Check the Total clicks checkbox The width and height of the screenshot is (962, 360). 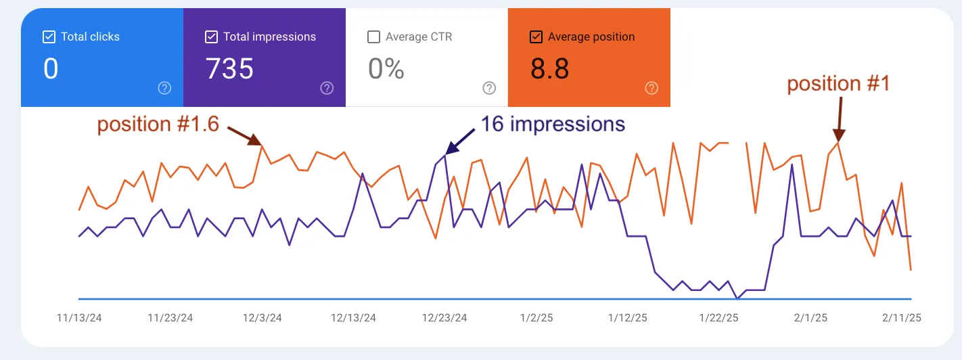(x=49, y=37)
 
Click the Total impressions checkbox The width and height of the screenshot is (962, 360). (x=211, y=37)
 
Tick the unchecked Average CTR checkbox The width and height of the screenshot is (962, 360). (x=373, y=37)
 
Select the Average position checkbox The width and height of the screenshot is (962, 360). (x=536, y=37)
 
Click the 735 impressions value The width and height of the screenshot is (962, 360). (x=229, y=69)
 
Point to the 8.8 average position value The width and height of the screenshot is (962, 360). (x=549, y=69)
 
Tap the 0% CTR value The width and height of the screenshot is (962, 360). (x=386, y=69)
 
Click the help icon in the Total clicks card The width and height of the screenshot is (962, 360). (x=164, y=88)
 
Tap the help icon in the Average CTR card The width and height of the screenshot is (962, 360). (x=489, y=88)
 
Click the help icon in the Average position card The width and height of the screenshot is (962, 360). (x=651, y=88)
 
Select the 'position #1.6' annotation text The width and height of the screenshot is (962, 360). (x=158, y=125)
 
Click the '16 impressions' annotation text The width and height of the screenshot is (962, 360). (x=552, y=124)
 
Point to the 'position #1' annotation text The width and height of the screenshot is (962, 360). (x=838, y=84)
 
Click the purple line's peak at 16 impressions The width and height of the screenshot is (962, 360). (x=445, y=155)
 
